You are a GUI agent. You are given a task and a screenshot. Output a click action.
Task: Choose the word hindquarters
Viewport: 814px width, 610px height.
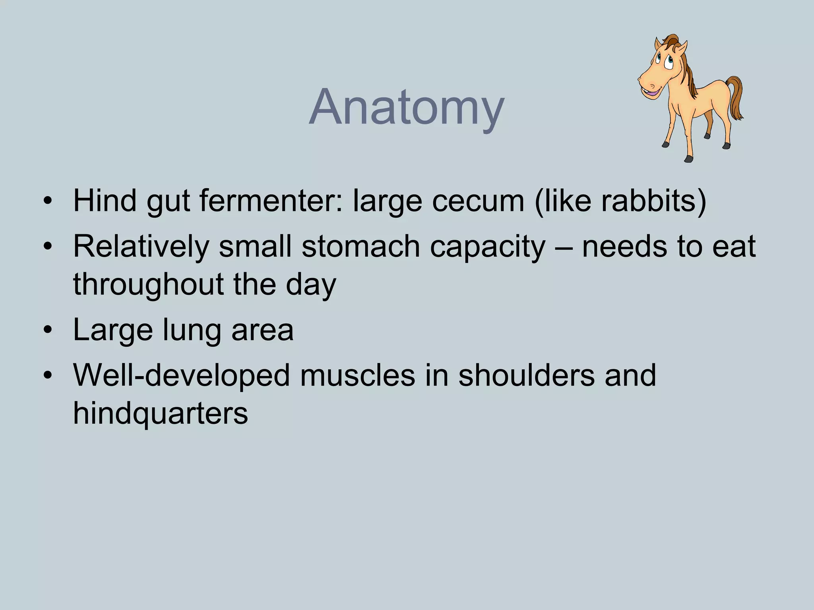click(161, 414)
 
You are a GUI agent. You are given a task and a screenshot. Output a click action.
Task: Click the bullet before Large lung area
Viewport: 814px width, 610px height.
click(48, 330)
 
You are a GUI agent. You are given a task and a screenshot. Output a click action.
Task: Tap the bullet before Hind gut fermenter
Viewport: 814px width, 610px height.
click(48, 201)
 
